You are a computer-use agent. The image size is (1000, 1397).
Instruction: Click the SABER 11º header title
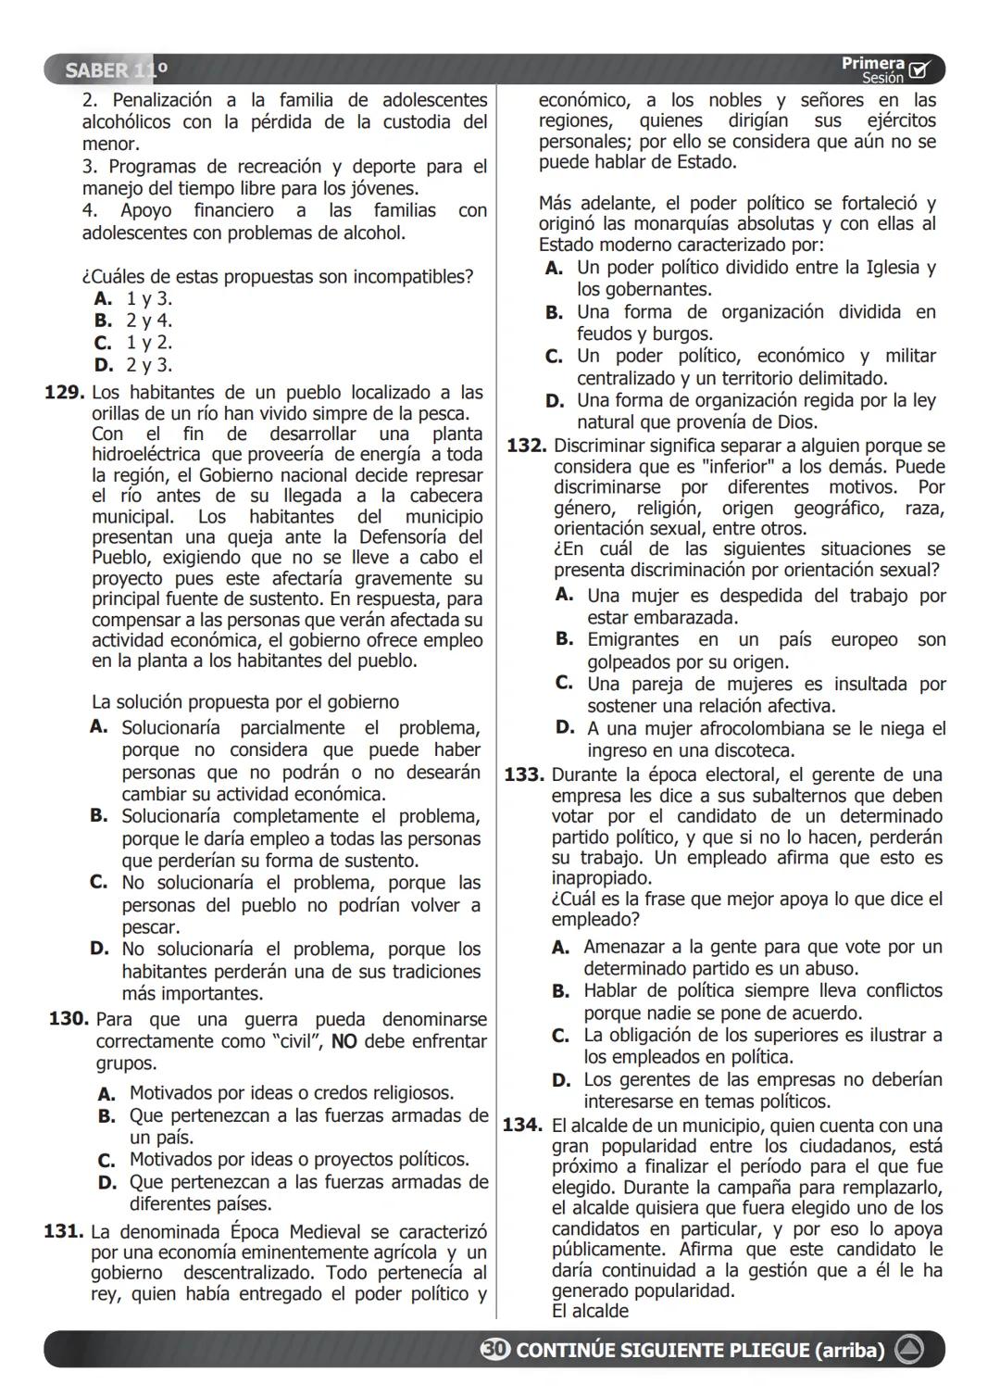[117, 70]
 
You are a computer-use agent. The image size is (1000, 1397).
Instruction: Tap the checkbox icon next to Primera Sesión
[919, 70]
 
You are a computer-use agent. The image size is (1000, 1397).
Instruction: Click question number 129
[64, 393]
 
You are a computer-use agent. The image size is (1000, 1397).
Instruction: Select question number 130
[69, 1019]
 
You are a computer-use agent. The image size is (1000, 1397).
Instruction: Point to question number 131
[63, 1232]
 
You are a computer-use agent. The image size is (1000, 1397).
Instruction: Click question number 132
[526, 446]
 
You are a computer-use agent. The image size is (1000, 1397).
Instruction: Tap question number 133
[523, 774]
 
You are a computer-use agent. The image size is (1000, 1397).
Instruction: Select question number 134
[522, 1126]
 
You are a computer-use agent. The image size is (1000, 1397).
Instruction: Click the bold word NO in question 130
[344, 1041]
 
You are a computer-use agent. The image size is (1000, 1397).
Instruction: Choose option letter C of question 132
[564, 684]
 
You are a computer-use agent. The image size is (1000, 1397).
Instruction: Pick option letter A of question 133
[560, 947]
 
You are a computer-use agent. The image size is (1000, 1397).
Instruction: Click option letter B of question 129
[99, 816]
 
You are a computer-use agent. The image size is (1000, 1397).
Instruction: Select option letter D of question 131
[555, 401]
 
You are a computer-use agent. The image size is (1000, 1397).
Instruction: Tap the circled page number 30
[494, 1350]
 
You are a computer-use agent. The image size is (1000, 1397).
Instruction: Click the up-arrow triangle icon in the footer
[909, 1350]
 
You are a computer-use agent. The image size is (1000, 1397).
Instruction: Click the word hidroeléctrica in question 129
[149, 455]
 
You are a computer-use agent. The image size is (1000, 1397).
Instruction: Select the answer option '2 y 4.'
[149, 321]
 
